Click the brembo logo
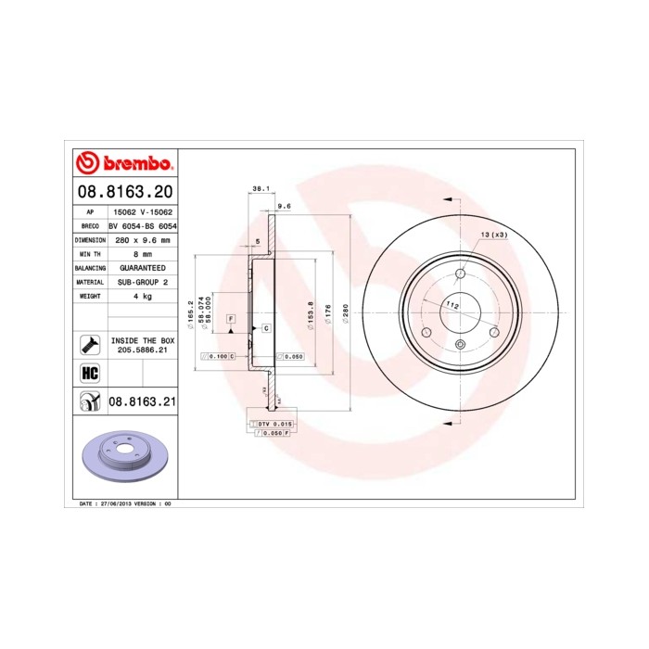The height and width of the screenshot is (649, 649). [x=124, y=164]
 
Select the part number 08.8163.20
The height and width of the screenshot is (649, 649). [x=124, y=193]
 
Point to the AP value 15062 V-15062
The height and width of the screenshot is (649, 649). [x=142, y=212]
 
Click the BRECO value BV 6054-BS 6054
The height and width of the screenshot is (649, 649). [x=142, y=225]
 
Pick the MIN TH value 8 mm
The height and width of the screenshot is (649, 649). [x=142, y=253]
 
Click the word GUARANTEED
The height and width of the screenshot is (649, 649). [x=142, y=267]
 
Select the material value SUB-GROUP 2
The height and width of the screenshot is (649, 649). [x=142, y=281]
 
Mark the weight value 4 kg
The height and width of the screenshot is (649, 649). [x=142, y=295]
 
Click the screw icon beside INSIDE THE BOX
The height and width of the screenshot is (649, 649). [x=90, y=344]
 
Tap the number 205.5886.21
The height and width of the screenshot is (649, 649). [x=142, y=350]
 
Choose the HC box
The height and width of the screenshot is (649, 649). [x=90, y=373]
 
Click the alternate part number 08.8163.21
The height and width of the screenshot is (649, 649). [x=142, y=401]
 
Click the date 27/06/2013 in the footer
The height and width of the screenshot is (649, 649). [x=110, y=503]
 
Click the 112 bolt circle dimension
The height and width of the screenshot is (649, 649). [x=453, y=304]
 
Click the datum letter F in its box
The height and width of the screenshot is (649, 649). [x=231, y=319]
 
